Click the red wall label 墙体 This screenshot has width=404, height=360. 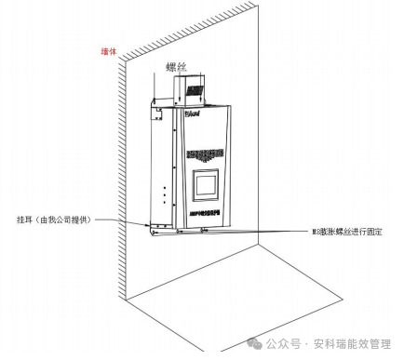click(109, 53)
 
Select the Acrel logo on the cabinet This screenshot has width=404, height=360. click(193, 114)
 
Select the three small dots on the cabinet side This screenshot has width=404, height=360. click(165, 196)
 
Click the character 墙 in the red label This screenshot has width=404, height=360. click(104, 53)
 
